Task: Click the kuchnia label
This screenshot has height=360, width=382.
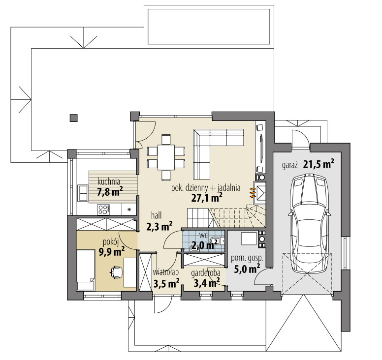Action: click(109, 180)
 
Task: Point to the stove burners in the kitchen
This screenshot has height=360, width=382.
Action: click(103, 210)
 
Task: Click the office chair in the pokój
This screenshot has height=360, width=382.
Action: click(116, 271)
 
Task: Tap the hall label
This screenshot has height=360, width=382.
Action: click(157, 215)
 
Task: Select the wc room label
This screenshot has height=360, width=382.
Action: click(203, 235)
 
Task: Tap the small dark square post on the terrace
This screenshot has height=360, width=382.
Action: click(73, 118)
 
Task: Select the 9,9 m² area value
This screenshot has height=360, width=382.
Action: click(111, 252)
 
